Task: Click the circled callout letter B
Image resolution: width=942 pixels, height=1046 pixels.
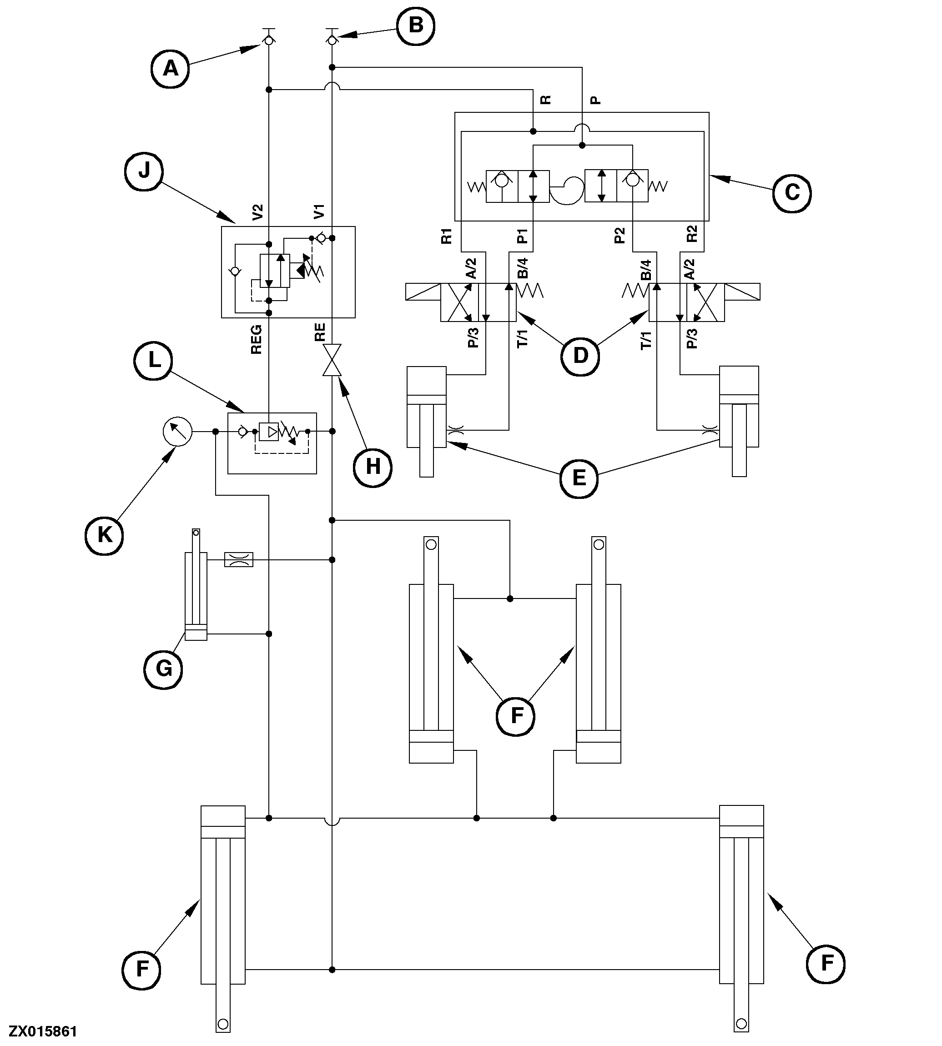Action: point(416,26)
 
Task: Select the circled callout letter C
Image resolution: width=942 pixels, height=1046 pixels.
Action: point(791,193)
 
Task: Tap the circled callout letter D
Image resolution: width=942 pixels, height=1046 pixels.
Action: point(580,356)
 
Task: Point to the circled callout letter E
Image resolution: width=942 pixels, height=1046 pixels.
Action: point(579,478)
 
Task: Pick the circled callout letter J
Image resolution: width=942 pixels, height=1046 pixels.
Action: point(144,171)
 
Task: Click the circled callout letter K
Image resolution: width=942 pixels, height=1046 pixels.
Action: point(104,535)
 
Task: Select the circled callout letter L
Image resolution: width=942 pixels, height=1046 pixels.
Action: point(153,361)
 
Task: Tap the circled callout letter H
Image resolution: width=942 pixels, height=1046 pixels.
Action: point(373,468)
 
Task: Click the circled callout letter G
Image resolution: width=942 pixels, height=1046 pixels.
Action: point(163,669)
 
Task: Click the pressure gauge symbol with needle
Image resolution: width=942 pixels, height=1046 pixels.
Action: point(177,431)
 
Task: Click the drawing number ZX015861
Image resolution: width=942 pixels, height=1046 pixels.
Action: point(43,1031)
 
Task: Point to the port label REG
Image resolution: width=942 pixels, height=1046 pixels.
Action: point(256,340)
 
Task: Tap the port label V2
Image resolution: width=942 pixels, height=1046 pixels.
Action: point(257,212)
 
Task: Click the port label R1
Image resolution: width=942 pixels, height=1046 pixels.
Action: point(446,236)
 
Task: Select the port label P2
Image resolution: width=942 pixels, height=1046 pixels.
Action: point(619,236)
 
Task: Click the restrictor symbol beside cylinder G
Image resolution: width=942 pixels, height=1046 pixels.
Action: point(239,559)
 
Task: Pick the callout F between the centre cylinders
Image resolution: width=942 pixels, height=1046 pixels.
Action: point(515,716)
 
